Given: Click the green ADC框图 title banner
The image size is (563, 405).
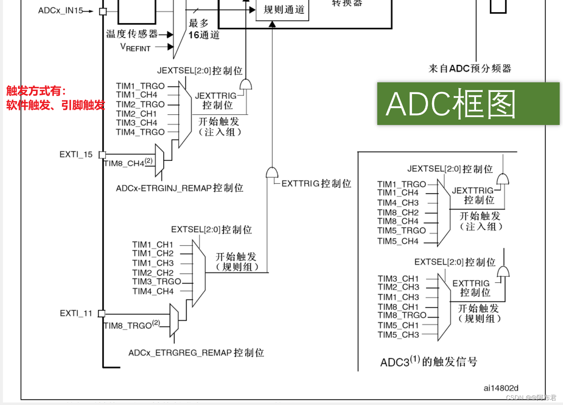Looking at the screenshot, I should [468, 104].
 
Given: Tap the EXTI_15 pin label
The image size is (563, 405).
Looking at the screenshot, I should [76, 155].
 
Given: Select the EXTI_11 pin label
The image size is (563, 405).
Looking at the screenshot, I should [76, 313].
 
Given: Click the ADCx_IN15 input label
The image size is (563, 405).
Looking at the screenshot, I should [61, 10].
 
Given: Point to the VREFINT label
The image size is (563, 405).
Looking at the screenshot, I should [135, 47].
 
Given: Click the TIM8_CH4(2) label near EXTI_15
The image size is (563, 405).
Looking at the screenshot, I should [128, 163].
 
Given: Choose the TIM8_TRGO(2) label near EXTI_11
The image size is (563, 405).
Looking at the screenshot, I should [132, 325].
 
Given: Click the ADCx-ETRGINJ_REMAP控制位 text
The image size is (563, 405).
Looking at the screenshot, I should [179, 188].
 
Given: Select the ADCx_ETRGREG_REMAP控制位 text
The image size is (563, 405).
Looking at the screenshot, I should [196, 353].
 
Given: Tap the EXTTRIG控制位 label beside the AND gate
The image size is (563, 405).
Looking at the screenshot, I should [316, 183].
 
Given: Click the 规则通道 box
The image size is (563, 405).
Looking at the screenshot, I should [284, 10].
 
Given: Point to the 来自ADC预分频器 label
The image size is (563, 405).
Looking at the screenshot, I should [470, 69].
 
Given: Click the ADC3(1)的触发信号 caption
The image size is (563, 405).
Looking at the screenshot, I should [428, 361].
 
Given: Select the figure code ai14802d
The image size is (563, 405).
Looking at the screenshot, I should [501, 388].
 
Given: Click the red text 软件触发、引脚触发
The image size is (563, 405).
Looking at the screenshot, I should [55, 105].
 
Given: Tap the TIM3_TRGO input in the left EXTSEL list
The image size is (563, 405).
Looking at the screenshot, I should [156, 282].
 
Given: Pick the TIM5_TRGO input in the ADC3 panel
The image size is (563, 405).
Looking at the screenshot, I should [401, 231].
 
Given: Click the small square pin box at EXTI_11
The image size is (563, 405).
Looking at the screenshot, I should [101, 313].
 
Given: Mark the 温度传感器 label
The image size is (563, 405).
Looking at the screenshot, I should [132, 34].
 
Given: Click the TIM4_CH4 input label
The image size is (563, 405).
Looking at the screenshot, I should [153, 291].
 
